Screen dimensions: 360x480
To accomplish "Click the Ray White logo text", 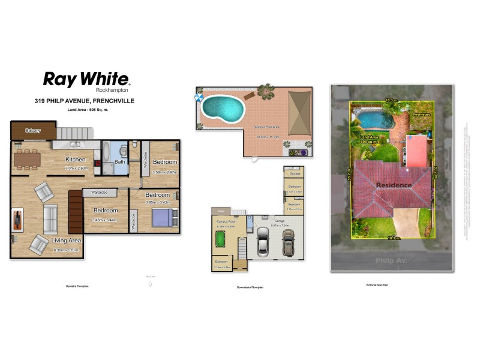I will click(x=86, y=79).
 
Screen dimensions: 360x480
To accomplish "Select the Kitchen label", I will click(x=76, y=160).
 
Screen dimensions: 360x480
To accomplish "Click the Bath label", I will click(x=119, y=162).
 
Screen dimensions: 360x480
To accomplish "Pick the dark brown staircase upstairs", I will click(x=75, y=211).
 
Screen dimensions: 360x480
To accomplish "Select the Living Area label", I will click(x=67, y=240).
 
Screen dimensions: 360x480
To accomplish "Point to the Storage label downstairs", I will click(x=295, y=173).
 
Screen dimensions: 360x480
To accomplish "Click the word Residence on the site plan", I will click(x=394, y=185).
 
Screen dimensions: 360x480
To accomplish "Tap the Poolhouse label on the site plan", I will click(x=422, y=114).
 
